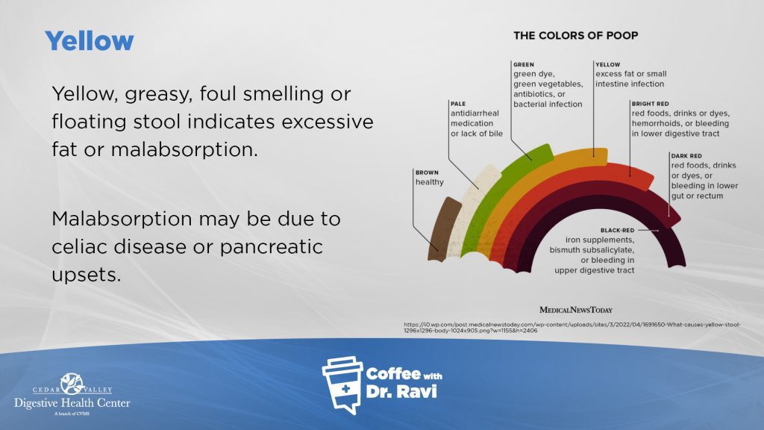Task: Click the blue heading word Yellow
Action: click(x=90, y=40)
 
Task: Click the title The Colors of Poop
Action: click(x=575, y=35)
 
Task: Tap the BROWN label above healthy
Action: click(x=428, y=172)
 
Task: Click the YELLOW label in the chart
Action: click(x=608, y=65)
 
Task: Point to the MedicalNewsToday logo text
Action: click(x=575, y=310)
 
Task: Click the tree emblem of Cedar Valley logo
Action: click(x=72, y=384)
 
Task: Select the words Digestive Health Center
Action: click(x=72, y=403)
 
